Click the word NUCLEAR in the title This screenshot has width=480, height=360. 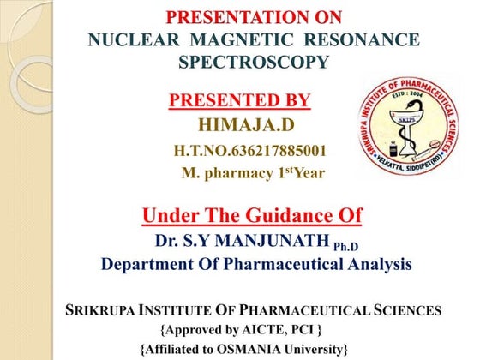(x=134, y=39)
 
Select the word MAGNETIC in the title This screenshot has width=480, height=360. (x=242, y=39)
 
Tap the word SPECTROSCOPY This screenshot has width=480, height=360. (x=254, y=62)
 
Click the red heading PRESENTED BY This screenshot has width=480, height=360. (x=240, y=100)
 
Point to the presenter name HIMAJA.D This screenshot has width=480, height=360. (x=247, y=125)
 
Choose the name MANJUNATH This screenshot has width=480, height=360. (x=272, y=240)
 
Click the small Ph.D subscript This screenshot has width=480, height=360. (x=345, y=247)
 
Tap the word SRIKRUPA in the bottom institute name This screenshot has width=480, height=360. (x=99, y=310)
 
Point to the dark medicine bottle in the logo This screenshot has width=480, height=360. (x=393, y=149)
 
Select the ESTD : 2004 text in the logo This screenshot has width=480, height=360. (x=407, y=94)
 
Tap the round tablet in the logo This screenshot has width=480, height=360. (x=435, y=143)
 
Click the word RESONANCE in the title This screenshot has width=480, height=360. (x=362, y=39)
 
